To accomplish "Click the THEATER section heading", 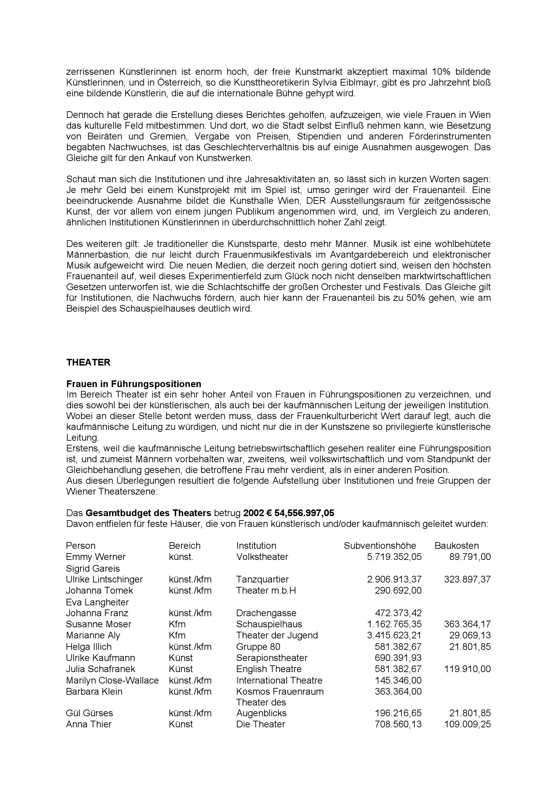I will click(88, 363).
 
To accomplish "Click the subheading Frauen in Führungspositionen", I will click(133, 384).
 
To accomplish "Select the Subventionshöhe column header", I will click(379, 545).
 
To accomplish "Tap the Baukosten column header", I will click(457, 545).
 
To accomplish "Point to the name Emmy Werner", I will click(96, 556).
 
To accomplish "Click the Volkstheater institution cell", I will click(262, 556).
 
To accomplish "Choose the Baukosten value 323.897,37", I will click(467, 579).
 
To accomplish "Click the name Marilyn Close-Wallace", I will click(112, 680).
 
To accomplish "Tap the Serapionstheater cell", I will click(272, 658).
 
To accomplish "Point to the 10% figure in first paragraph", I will click(434, 72).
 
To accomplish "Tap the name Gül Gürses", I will click(89, 713).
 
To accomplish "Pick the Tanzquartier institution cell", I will click(262, 579).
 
